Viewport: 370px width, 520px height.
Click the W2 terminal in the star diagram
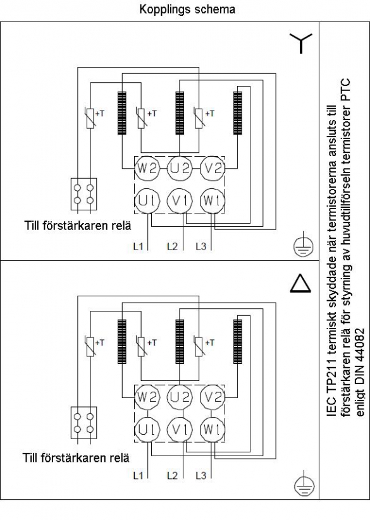tap(147, 169)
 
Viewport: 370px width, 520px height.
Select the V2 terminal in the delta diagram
tap(213, 397)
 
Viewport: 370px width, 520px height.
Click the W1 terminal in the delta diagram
tap(213, 429)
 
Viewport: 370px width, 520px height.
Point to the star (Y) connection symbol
tap(301, 43)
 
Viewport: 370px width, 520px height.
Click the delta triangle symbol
tap(300, 284)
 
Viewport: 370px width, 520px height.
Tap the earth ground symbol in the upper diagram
tap(304, 246)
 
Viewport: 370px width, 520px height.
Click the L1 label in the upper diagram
tap(138, 246)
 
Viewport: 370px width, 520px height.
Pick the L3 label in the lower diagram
tap(201, 476)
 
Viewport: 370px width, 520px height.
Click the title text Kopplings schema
tap(187, 9)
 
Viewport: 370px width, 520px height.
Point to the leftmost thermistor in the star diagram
tap(90, 118)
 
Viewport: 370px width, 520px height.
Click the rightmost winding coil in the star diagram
tap(238, 112)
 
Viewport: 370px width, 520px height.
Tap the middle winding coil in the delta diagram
tap(180, 341)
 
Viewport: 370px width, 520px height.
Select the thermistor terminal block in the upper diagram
tap(84, 194)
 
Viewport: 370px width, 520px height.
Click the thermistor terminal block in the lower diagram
tap(84, 423)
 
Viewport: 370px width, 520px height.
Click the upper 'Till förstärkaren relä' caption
tap(78, 226)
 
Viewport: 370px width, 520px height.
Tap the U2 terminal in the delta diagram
tap(180, 397)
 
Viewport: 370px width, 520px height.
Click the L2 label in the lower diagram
tap(172, 476)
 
